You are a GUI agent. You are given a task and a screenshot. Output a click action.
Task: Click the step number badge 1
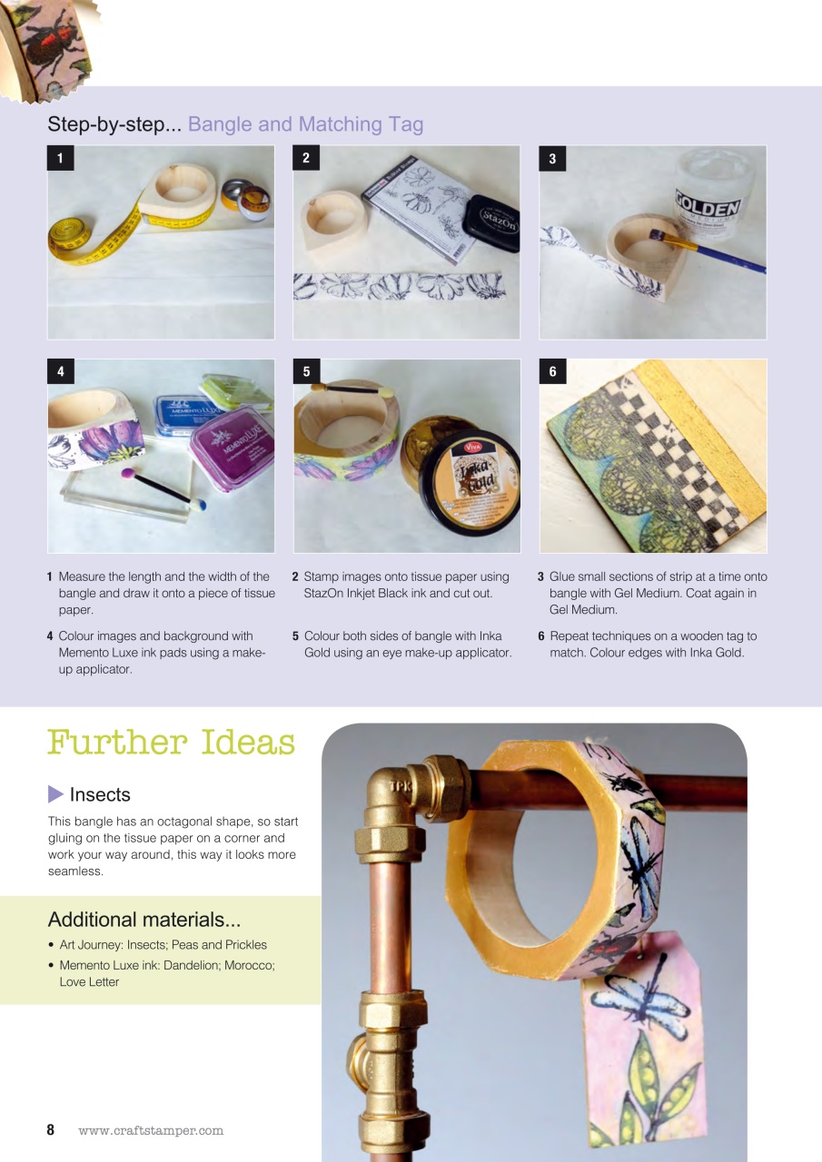pyautogui.click(x=60, y=159)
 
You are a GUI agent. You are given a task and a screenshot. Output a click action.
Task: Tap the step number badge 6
pyautogui.click(x=552, y=371)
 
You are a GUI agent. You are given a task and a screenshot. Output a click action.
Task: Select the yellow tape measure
pyautogui.click(x=91, y=239)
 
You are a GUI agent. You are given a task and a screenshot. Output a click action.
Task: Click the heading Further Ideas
pyautogui.click(x=171, y=742)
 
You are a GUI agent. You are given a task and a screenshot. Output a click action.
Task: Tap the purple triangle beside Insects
pyautogui.click(x=55, y=794)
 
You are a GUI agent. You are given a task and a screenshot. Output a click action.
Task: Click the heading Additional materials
pyautogui.click(x=144, y=919)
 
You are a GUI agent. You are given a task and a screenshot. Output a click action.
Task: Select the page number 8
pyautogui.click(x=51, y=1130)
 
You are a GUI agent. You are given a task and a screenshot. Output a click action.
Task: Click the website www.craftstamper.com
pyautogui.click(x=151, y=1131)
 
